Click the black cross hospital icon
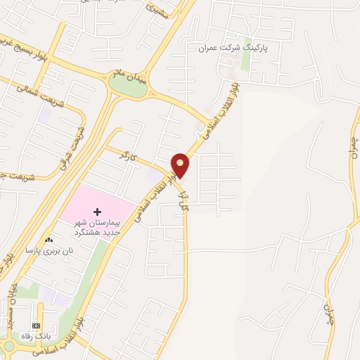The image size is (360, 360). click(x=97, y=212)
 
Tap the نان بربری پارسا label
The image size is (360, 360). click(x=50, y=250)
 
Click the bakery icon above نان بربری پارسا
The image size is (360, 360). click(x=49, y=240)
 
